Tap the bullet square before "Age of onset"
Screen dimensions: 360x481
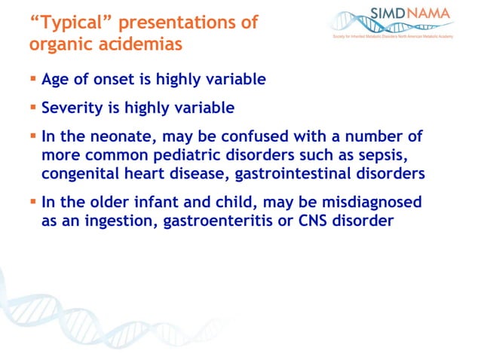pos(33,78)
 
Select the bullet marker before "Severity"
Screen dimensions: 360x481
pos(33,107)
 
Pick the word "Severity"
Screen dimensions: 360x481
pos(72,108)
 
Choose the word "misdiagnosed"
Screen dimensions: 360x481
pos(370,203)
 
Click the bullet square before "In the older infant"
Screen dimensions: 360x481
pos(33,202)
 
